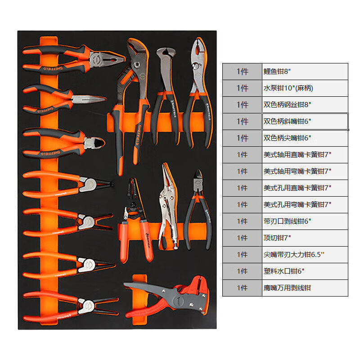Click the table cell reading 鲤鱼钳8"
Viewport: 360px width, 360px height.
click(305, 72)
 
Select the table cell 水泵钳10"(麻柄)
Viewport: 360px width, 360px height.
click(305, 88)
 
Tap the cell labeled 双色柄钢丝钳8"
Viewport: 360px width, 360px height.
click(305, 105)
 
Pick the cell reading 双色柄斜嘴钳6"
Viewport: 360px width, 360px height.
click(305, 121)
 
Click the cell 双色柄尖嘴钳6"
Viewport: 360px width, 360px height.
click(305, 138)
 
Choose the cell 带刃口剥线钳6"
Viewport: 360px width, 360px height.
click(305, 221)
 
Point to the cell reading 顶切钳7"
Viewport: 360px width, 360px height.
click(305, 238)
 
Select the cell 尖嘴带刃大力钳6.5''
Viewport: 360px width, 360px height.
click(305, 255)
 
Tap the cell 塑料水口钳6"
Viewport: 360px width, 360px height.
click(305, 271)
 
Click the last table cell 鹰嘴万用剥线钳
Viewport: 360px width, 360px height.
click(305, 288)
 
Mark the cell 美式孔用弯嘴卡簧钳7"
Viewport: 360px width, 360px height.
click(305, 205)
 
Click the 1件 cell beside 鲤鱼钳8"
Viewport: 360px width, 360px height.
click(242, 72)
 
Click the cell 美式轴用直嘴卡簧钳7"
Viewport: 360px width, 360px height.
click(305, 155)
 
